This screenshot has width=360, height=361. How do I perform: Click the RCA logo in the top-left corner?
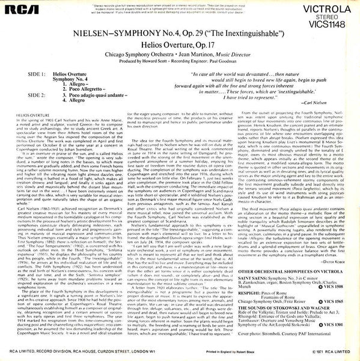19,10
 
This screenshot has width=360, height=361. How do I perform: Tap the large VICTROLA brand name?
323,9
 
